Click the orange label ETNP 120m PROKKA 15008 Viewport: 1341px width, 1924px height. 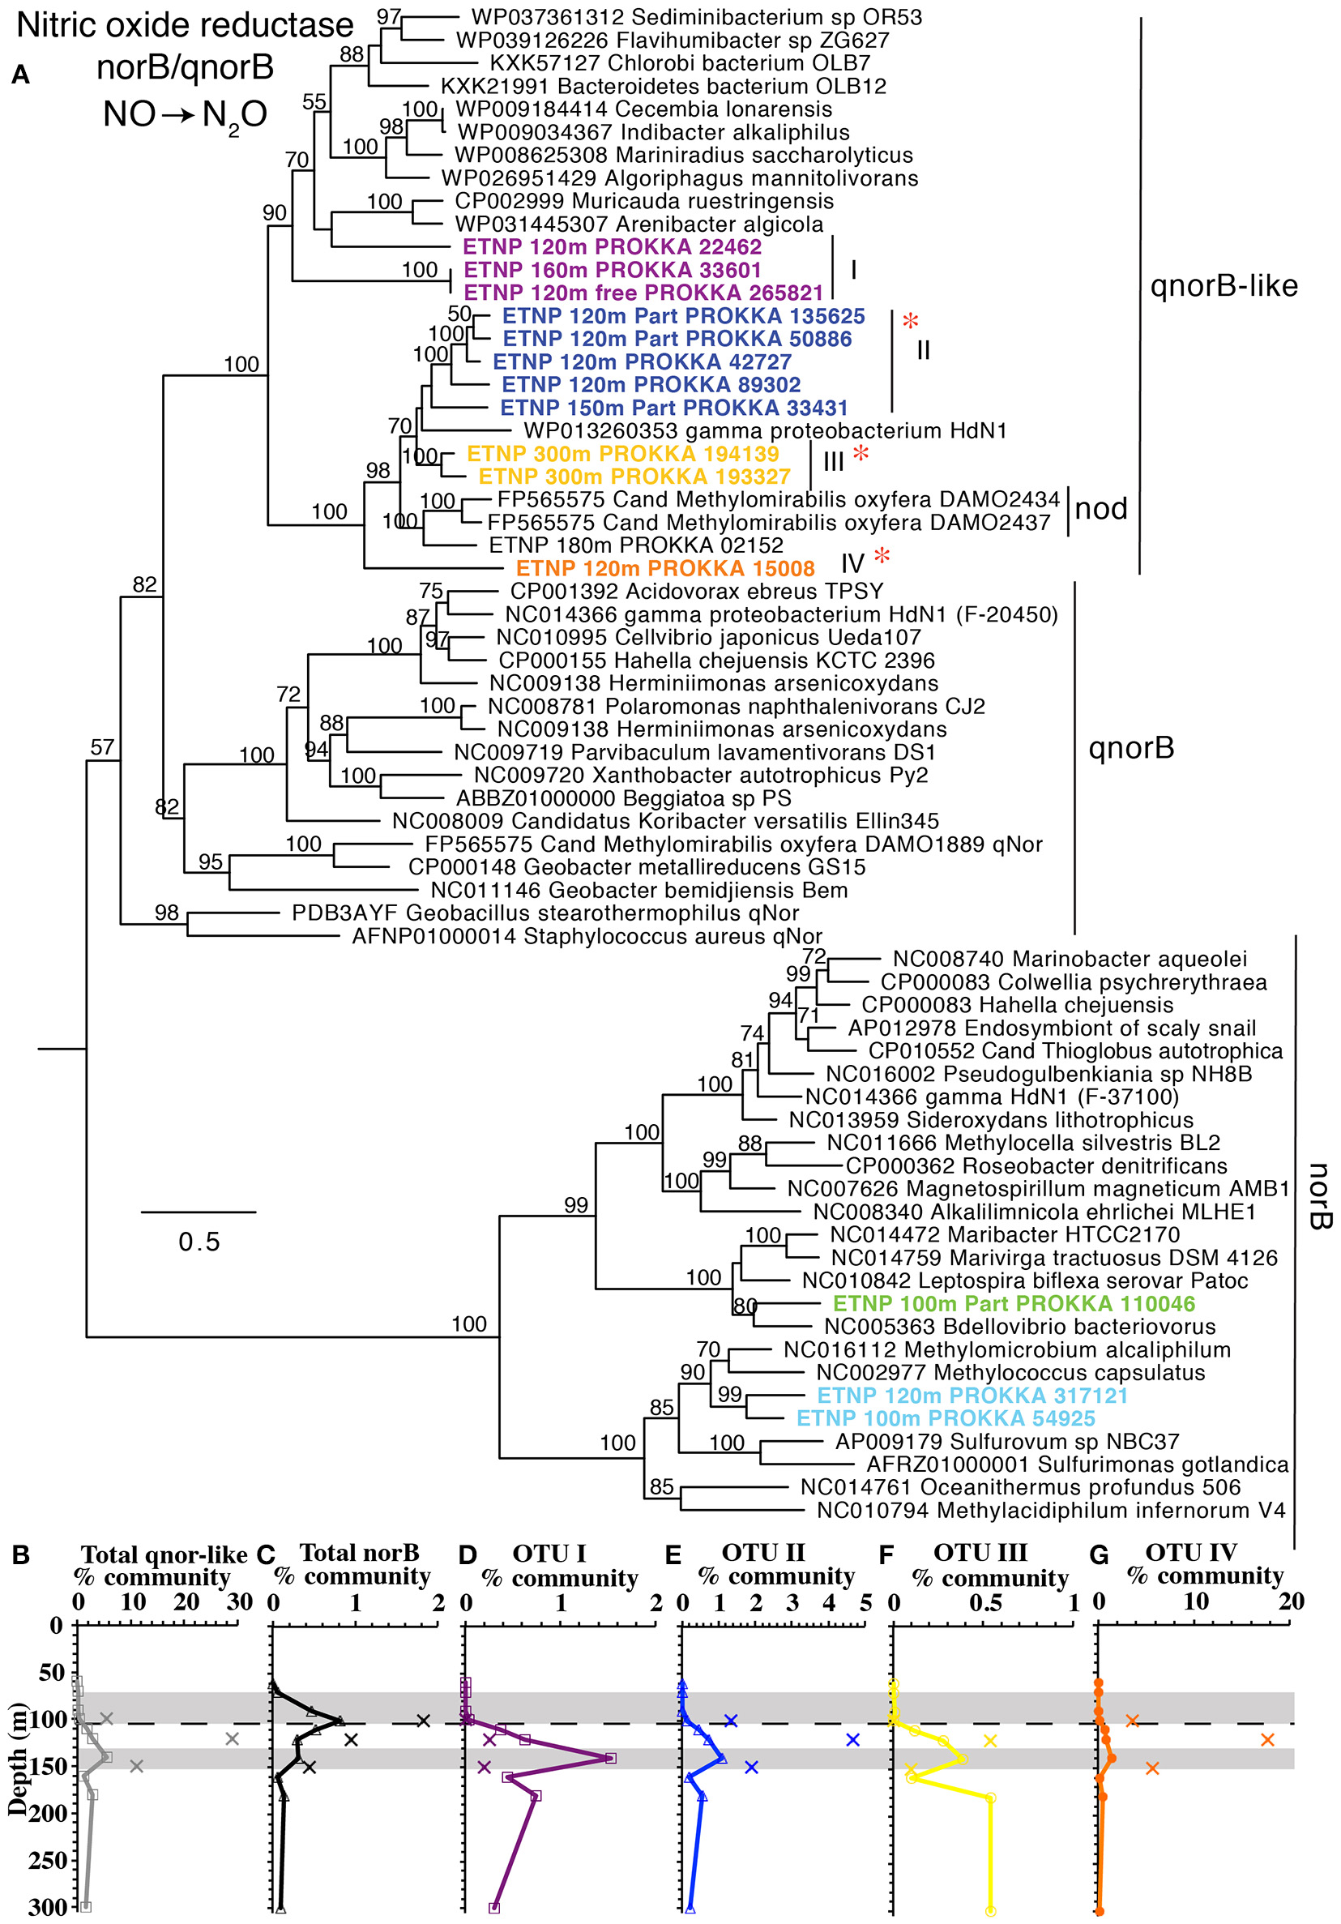[x=664, y=568]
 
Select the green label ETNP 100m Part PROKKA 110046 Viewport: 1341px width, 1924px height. [x=1014, y=1303]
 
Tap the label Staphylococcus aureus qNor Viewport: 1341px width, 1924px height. [x=587, y=936]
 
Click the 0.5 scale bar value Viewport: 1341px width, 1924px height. [x=199, y=1241]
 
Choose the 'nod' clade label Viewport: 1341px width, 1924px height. [x=1100, y=509]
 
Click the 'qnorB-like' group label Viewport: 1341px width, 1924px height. [x=1223, y=286]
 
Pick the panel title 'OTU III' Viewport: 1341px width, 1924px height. [x=980, y=1552]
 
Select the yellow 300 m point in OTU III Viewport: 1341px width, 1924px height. [x=990, y=1911]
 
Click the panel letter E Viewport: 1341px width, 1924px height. [x=673, y=1555]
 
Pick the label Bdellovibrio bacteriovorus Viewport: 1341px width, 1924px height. [x=1019, y=1327]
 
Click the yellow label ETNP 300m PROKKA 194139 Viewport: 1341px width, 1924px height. [x=622, y=453]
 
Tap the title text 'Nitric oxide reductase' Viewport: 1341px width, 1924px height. [x=185, y=25]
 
